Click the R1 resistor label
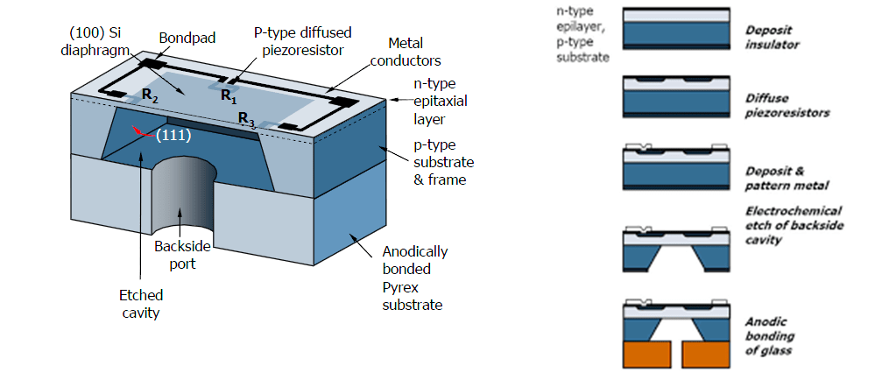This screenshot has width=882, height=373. [x=228, y=95]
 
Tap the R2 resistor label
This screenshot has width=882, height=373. [x=150, y=95]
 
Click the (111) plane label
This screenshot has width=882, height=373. [x=173, y=135]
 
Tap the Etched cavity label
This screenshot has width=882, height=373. [x=141, y=304]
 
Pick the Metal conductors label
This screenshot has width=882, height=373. [x=406, y=51]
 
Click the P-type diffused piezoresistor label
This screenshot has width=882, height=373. [x=298, y=42]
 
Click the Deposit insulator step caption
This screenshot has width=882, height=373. [x=773, y=37]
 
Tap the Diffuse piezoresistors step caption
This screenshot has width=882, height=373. [x=787, y=105]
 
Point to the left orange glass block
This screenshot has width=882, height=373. [x=647, y=354]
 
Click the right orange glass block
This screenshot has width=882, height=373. [x=707, y=354]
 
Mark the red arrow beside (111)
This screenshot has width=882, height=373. [x=144, y=132]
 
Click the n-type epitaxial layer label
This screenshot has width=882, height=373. [x=434, y=102]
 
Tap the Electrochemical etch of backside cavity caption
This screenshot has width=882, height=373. [x=794, y=225]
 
